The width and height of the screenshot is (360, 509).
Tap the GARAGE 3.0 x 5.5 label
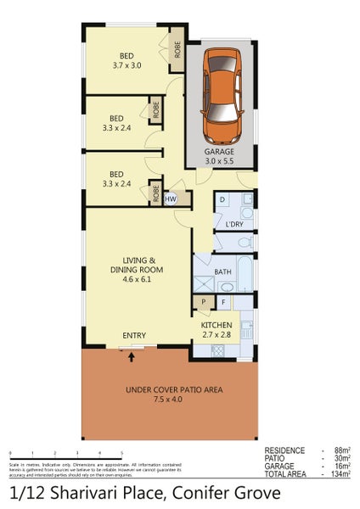point(219,155)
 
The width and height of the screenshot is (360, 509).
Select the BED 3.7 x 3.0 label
point(127,60)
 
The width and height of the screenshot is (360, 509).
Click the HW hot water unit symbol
point(170,199)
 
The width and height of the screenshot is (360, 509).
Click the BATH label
point(223,271)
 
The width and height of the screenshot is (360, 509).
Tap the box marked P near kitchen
point(204,301)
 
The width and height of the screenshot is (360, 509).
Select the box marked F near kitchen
point(223,301)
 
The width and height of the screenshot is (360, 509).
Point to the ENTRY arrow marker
point(132,356)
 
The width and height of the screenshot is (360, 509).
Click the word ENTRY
point(134,336)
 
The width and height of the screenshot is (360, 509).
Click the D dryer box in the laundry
point(222,200)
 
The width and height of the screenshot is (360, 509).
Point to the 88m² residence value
point(341,451)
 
